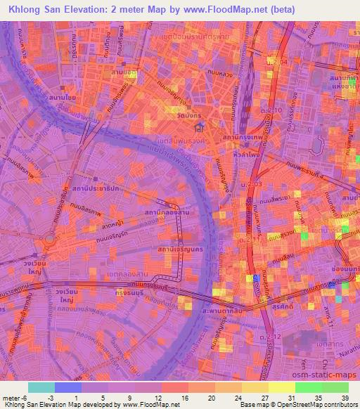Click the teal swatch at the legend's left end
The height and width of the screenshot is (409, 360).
[x=41, y=387]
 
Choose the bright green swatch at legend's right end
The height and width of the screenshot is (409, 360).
[x=335, y=387]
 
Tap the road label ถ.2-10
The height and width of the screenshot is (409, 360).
[x=276, y=110]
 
